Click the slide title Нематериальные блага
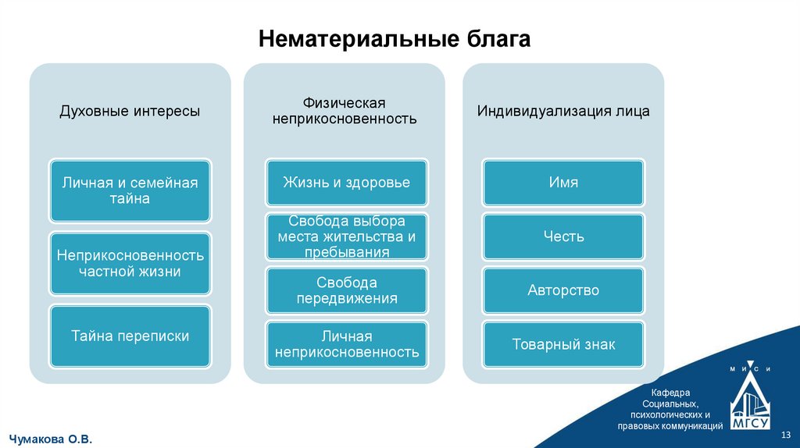(x=395, y=39)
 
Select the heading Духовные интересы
(x=130, y=111)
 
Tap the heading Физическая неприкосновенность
(x=344, y=111)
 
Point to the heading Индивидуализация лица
(x=563, y=111)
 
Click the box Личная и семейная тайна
(x=130, y=190)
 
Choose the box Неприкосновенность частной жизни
(x=130, y=263)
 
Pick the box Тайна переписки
(x=130, y=336)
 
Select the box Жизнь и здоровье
(x=346, y=183)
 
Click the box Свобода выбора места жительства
(x=346, y=236)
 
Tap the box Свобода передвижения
(x=346, y=290)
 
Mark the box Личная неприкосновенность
(x=346, y=344)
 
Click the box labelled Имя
(x=563, y=183)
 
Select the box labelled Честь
(x=563, y=236)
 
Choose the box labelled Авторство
(x=563, y=290)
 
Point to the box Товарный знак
(x=563, y=344)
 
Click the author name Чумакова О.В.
(x=51, y=439)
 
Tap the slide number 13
(x=786, y=434)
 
